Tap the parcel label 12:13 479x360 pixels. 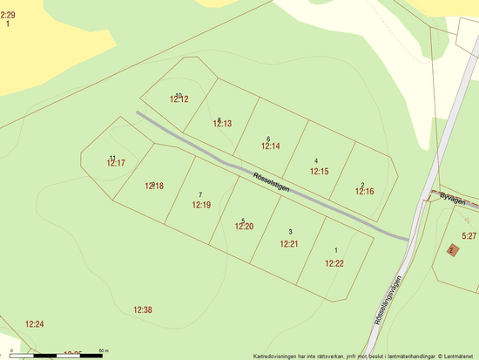222,125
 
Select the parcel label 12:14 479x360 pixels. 270,146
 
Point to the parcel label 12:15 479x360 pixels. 319,172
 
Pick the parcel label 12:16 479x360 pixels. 364,192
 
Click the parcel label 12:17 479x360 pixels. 116,163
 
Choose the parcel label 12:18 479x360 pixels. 154,186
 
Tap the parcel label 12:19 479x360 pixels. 201,205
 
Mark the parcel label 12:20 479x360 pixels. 244,227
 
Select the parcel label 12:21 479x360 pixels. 289,244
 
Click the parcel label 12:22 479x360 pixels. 334,263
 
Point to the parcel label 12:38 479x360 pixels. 143,310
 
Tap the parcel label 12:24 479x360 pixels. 34,324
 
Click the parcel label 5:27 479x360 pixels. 469,236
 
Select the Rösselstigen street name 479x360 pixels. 271,182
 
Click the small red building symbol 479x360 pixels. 451,249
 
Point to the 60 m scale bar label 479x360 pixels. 103,350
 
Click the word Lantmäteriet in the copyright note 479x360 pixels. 458,356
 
